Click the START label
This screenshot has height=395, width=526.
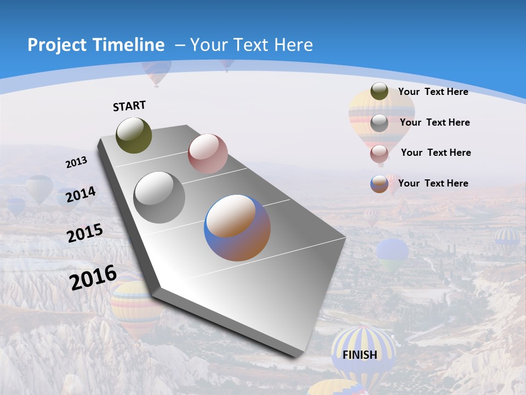129,106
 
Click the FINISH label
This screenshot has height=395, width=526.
360,354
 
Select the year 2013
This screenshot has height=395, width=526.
76,162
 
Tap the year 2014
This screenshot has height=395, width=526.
81,195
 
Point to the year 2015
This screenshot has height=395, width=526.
84,233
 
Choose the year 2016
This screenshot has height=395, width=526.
93,277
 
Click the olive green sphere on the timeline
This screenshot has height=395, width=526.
134,135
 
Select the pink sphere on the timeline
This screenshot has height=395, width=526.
208,154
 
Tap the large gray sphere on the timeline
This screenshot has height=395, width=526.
159,197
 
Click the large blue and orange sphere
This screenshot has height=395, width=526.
237,228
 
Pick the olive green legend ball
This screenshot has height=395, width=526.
379,91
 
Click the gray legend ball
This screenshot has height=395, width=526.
379,122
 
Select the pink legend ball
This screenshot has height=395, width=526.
379,153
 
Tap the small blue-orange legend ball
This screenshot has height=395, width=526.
379,184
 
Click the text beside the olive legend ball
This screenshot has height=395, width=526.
433,92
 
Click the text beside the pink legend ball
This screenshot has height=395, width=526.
436,153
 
